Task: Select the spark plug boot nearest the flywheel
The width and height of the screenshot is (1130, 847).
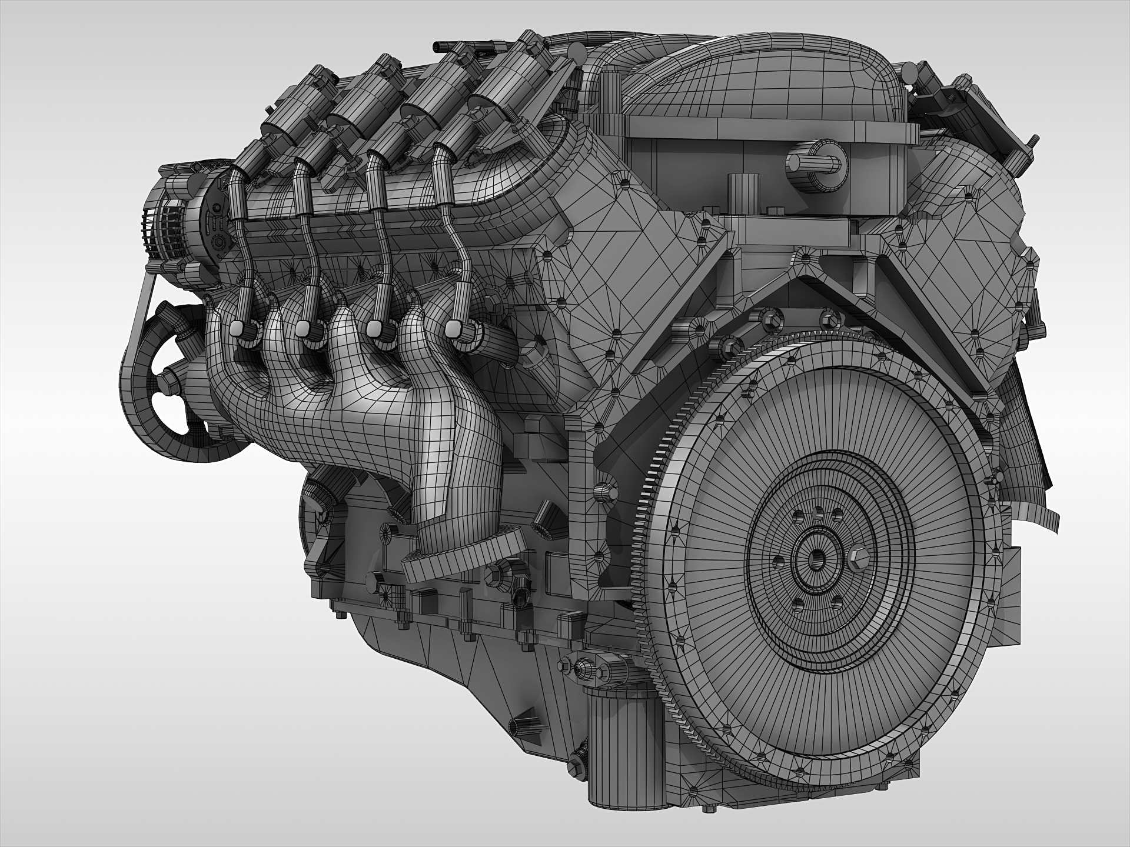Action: pyautogui.click(x=456, y=330)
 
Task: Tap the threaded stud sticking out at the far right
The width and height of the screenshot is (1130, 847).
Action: pyautogui.click(x=1033, y=141)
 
